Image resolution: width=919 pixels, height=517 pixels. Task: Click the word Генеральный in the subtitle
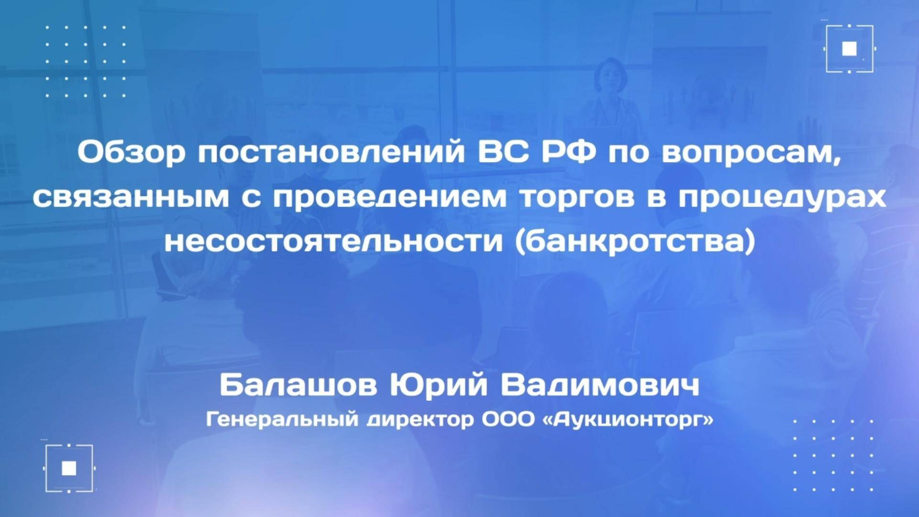282,420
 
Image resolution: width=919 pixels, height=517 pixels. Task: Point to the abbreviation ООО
507,420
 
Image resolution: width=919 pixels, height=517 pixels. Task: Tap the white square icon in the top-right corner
850,48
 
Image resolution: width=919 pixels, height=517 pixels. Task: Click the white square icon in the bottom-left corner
69,468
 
